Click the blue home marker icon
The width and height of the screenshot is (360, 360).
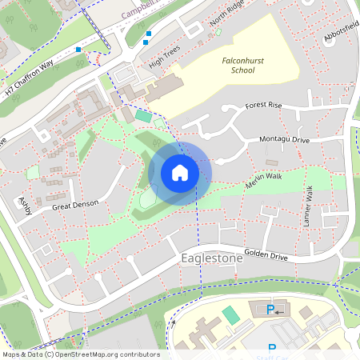click(180, 172)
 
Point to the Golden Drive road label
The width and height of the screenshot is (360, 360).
click(266, 255)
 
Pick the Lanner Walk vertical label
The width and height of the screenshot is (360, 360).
click(307, 204)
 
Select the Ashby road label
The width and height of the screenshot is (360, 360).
click(23, 205)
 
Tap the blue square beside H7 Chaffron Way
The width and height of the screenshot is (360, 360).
click(78, 50)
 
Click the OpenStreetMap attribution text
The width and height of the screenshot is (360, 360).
click(80, 354)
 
